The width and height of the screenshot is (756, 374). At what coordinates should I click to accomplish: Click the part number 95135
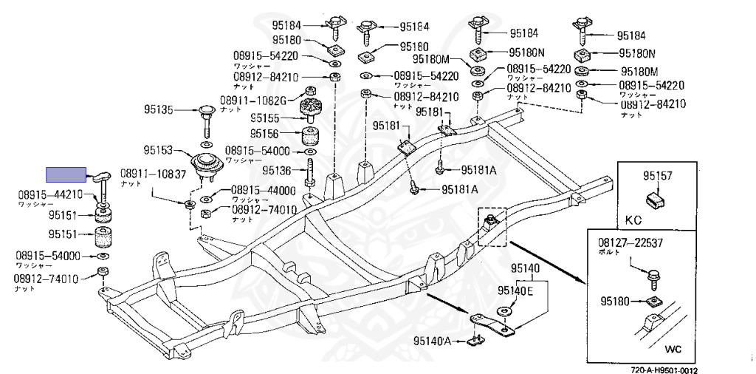(157, 110)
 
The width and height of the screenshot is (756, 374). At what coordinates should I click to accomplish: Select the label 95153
(157, 151)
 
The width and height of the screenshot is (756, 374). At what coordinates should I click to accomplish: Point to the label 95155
(264, 118)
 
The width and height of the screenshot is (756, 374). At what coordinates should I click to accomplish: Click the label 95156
(264, 134)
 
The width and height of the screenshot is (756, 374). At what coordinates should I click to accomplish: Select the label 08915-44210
(51, 195)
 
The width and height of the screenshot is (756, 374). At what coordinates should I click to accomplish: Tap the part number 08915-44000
(264, 190)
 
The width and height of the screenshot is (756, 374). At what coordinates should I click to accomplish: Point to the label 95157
(656, 176)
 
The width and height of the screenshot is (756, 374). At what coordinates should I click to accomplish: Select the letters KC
(634, 220)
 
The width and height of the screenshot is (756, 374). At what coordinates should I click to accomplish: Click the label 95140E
(515, 290)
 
